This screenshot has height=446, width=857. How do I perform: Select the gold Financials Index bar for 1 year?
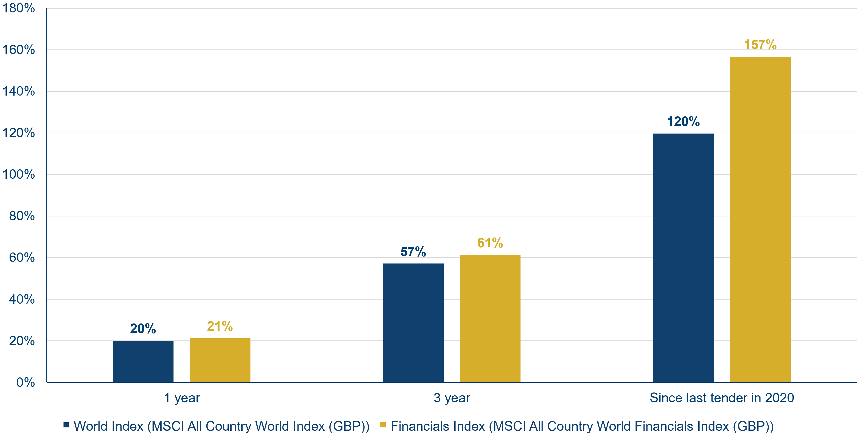(x=220, y=360)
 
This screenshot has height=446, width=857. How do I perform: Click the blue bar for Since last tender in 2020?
(x=683, y=258)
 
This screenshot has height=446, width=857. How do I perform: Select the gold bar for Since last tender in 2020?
(x=760, y=220)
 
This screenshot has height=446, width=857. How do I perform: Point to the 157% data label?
(x=760, y=45)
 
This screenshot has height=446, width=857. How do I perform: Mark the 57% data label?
(x=413, y=252)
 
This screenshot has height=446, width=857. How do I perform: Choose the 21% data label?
(x=220, y=326)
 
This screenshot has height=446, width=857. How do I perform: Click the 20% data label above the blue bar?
(x=143, y=329)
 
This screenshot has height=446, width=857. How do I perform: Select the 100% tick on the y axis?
(x=19, y=174)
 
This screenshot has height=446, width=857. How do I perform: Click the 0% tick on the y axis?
(x=26, y=382)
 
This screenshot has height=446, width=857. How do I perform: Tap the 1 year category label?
(x=182, y=398)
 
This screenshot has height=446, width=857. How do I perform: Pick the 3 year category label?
(x=452, y=398)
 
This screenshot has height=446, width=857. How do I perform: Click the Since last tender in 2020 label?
(x=722, y=398)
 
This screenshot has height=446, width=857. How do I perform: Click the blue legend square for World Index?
(x=66, y=425)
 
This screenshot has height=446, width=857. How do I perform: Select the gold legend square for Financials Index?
(x=383, y=425)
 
